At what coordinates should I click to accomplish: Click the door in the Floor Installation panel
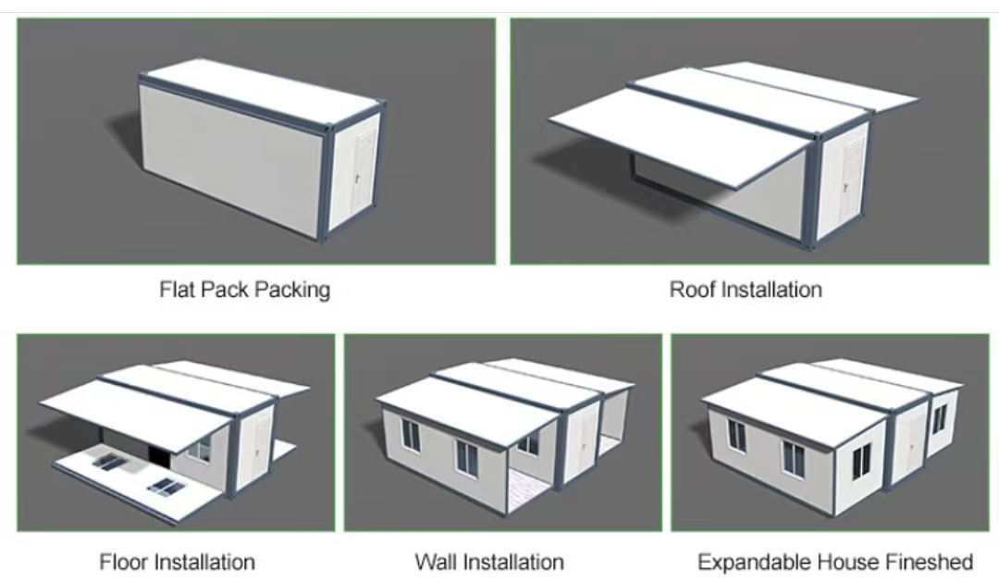(261, 440)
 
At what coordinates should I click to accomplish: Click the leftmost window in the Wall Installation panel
(411, 435)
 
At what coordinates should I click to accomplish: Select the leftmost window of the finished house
(736, 436)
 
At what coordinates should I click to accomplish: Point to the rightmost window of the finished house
(940, 418)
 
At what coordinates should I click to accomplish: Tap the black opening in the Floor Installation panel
(157, 455)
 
